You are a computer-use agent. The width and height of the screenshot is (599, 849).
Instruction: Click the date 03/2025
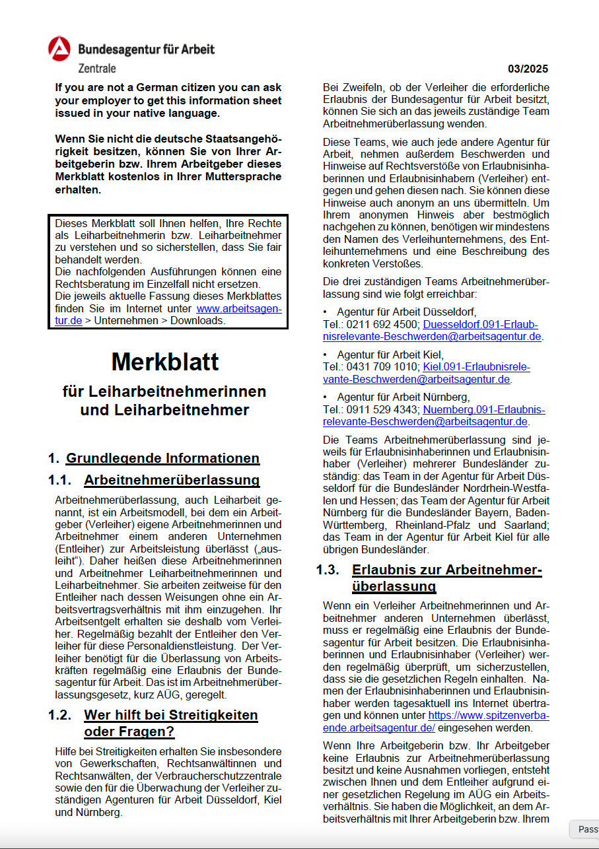pos(528,69)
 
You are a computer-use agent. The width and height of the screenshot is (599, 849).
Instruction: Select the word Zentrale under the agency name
pos(97,68)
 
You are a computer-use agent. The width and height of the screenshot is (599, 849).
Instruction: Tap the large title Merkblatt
pos(164,361)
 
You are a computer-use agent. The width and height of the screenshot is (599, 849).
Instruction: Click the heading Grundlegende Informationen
pos(162,458)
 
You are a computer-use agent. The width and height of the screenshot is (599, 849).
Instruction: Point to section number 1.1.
pos(60,480)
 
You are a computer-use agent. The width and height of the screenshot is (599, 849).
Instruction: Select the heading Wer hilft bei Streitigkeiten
pos(170,716)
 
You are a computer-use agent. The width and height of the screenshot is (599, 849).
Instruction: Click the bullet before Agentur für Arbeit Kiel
pos(325,355)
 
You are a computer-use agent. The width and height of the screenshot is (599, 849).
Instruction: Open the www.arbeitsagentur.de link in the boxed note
pos(238,308)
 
